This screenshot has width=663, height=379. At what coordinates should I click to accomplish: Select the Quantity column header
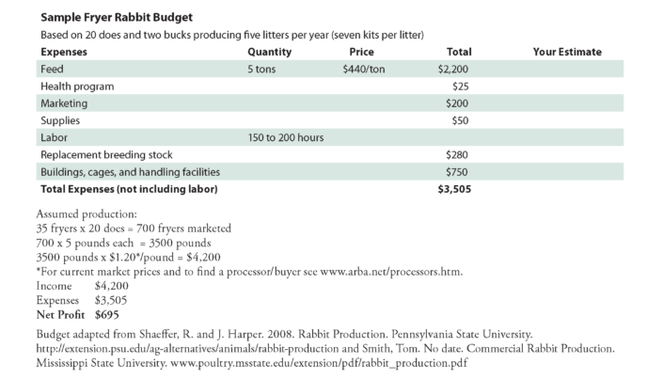269,52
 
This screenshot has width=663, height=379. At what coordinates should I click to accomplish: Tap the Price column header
361,52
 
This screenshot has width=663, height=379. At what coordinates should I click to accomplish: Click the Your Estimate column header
566,52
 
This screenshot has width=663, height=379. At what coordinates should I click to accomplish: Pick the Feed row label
52,70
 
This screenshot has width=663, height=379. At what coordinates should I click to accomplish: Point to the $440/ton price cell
364,70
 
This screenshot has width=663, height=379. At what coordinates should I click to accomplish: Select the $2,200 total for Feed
454,70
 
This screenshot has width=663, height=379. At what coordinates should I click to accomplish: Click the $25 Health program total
461,87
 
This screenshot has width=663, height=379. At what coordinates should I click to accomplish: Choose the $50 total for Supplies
461,120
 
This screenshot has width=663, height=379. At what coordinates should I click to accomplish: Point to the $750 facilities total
458,171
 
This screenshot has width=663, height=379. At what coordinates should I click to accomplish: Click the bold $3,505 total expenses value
454,188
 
